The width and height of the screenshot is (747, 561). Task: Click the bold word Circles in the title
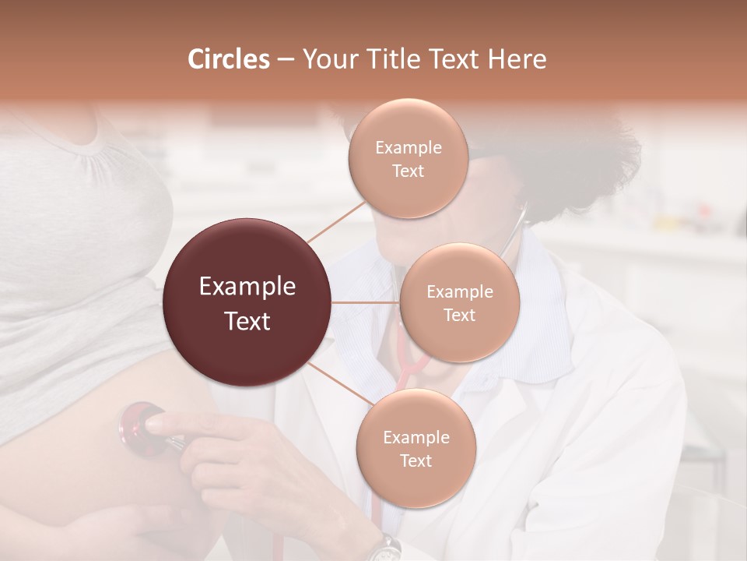coord(228,58)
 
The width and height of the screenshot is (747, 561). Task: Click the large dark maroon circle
coord(247,302)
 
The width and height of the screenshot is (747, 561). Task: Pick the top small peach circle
coord(408,158)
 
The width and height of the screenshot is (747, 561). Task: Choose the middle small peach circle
coord(459,302)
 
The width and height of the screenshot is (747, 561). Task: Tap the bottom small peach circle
coord(416,448)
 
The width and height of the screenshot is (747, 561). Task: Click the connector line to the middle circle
coord(366,302)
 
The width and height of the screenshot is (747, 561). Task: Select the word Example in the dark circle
coord(247,287)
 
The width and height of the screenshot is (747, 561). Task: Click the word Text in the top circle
coord(408,171)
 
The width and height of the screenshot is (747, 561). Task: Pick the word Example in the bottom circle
coord(416,437)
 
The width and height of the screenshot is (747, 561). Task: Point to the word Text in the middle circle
coord(459,315)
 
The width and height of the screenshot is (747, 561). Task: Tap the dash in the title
coord(285,59)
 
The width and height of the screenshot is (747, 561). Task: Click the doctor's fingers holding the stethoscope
coord(167,425)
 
